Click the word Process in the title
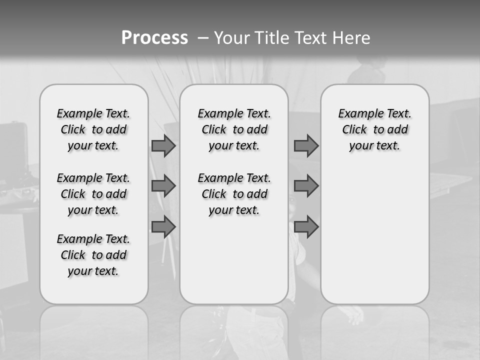click(x=154, y=37)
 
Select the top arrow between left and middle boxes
click(x=163, y=146)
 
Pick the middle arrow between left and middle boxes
click(x=163, y=186)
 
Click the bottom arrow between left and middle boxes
click(x=163, y=227)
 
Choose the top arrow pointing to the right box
click(x=306, y=145)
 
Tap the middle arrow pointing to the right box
click(x=306, y=186)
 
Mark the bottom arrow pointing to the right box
click(x=306, y=227)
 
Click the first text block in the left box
click(x=93, y=129)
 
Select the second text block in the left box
click(x=93, y=194)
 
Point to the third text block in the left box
click(x=93, y=255)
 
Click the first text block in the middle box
click(x=234, y=129)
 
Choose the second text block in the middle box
click(x=234, y=194)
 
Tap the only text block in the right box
click(x=374, y=129)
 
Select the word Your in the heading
click(x=232, y=37)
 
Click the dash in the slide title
click(x=203, y=37)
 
